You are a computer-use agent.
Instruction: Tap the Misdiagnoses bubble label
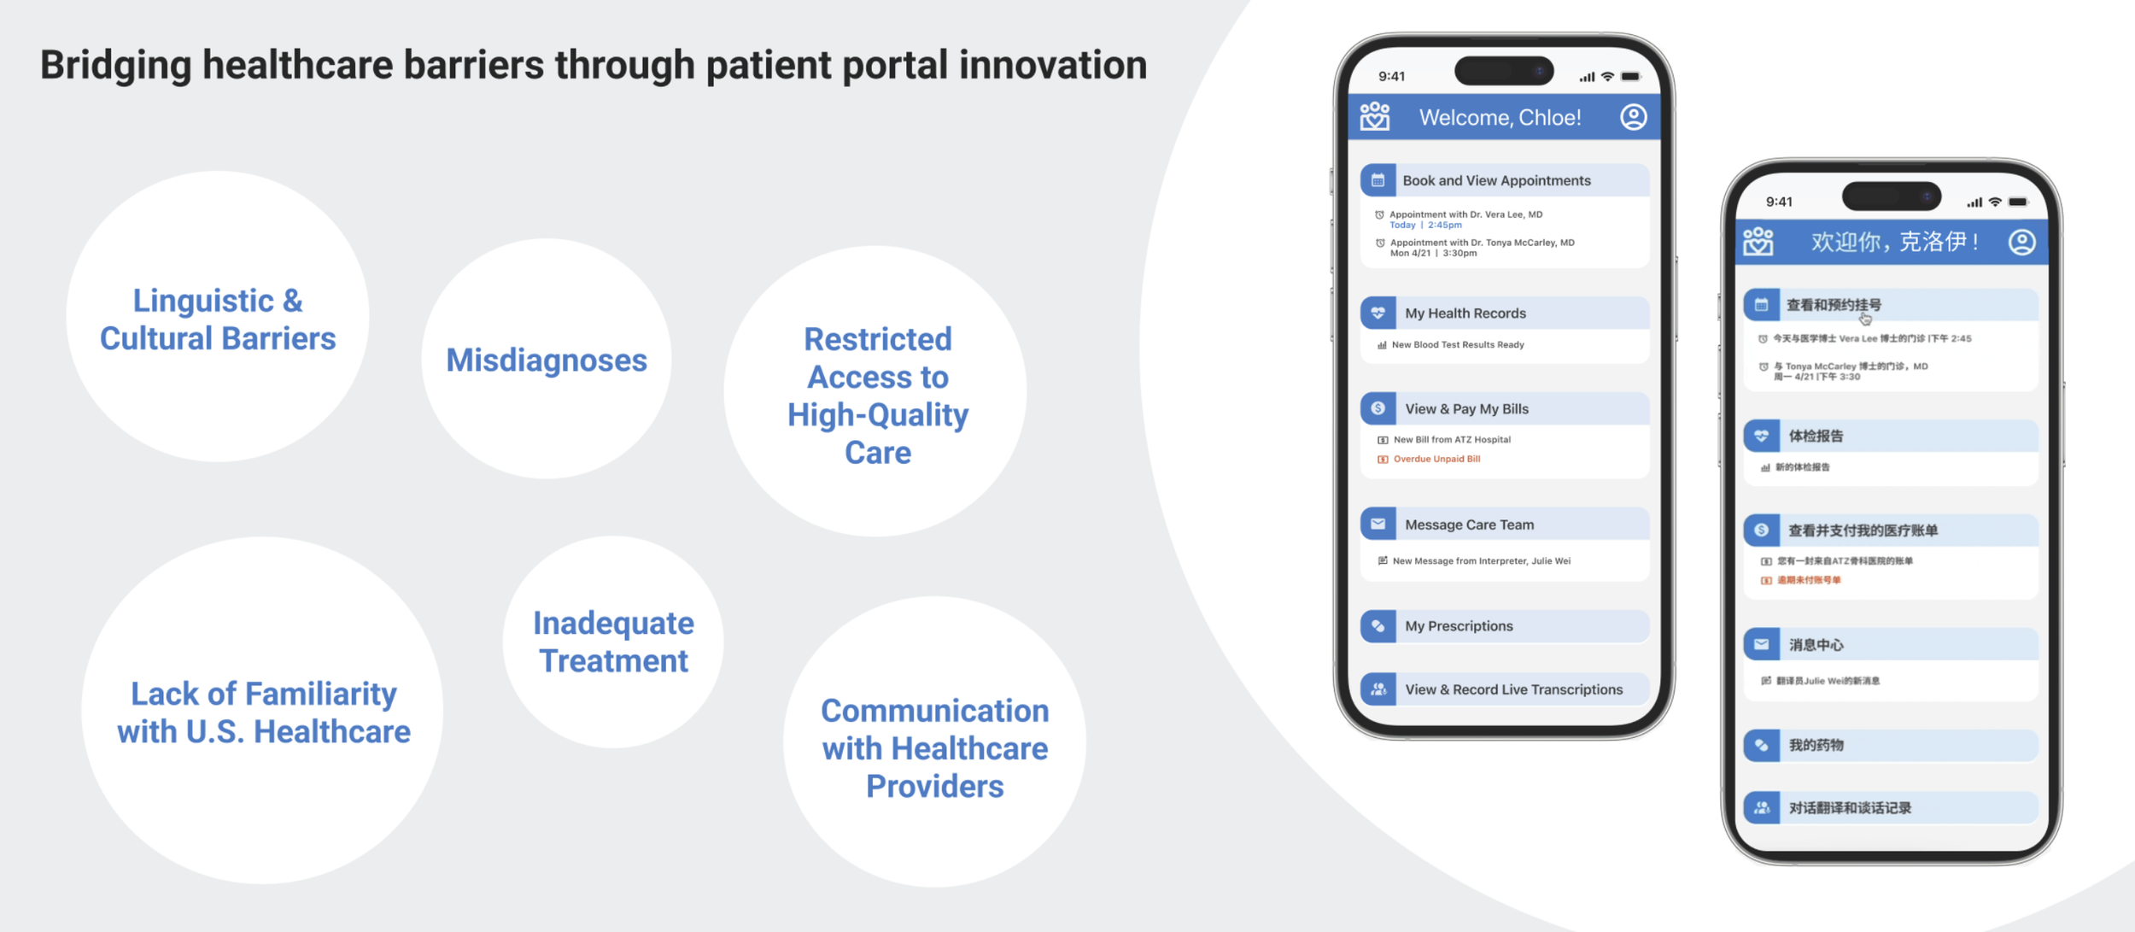click(x=547, y=360)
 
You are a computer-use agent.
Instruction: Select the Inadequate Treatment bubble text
click(x=613, y=642)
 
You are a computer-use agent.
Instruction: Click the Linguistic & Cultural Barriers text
click(x=218, y=319)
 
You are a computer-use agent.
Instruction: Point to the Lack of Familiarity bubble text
click(x=264, y=712)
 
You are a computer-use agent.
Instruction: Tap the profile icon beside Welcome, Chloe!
click(x=1633, y=117)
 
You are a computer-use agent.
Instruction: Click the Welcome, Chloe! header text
click(x=1500, y=117)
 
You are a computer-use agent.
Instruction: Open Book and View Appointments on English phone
click(x=1496, y=180)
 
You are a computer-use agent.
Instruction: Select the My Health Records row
click(x=1465, y=314)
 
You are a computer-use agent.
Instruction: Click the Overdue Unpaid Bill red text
click(x=1436, y=460)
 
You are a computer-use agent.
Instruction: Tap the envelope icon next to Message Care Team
click(x=1378, y=525)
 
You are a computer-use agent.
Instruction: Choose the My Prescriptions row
click(x=1459, y=626)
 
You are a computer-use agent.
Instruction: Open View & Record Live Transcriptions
click(x=1513, y=689)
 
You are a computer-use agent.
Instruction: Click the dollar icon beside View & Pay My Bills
click(x=1378, y=408)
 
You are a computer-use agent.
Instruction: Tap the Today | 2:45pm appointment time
click(x=1425, y=226)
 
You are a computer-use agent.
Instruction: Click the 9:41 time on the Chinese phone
click(x=1779, y=202)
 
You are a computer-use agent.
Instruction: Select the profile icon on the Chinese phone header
click(x=2021, y=242)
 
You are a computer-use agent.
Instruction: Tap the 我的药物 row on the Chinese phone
click(x=1816, y=745)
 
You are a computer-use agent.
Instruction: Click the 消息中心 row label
click(x=1816, y=645)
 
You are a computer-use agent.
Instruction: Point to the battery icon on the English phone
click(x=1630, y=77)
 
